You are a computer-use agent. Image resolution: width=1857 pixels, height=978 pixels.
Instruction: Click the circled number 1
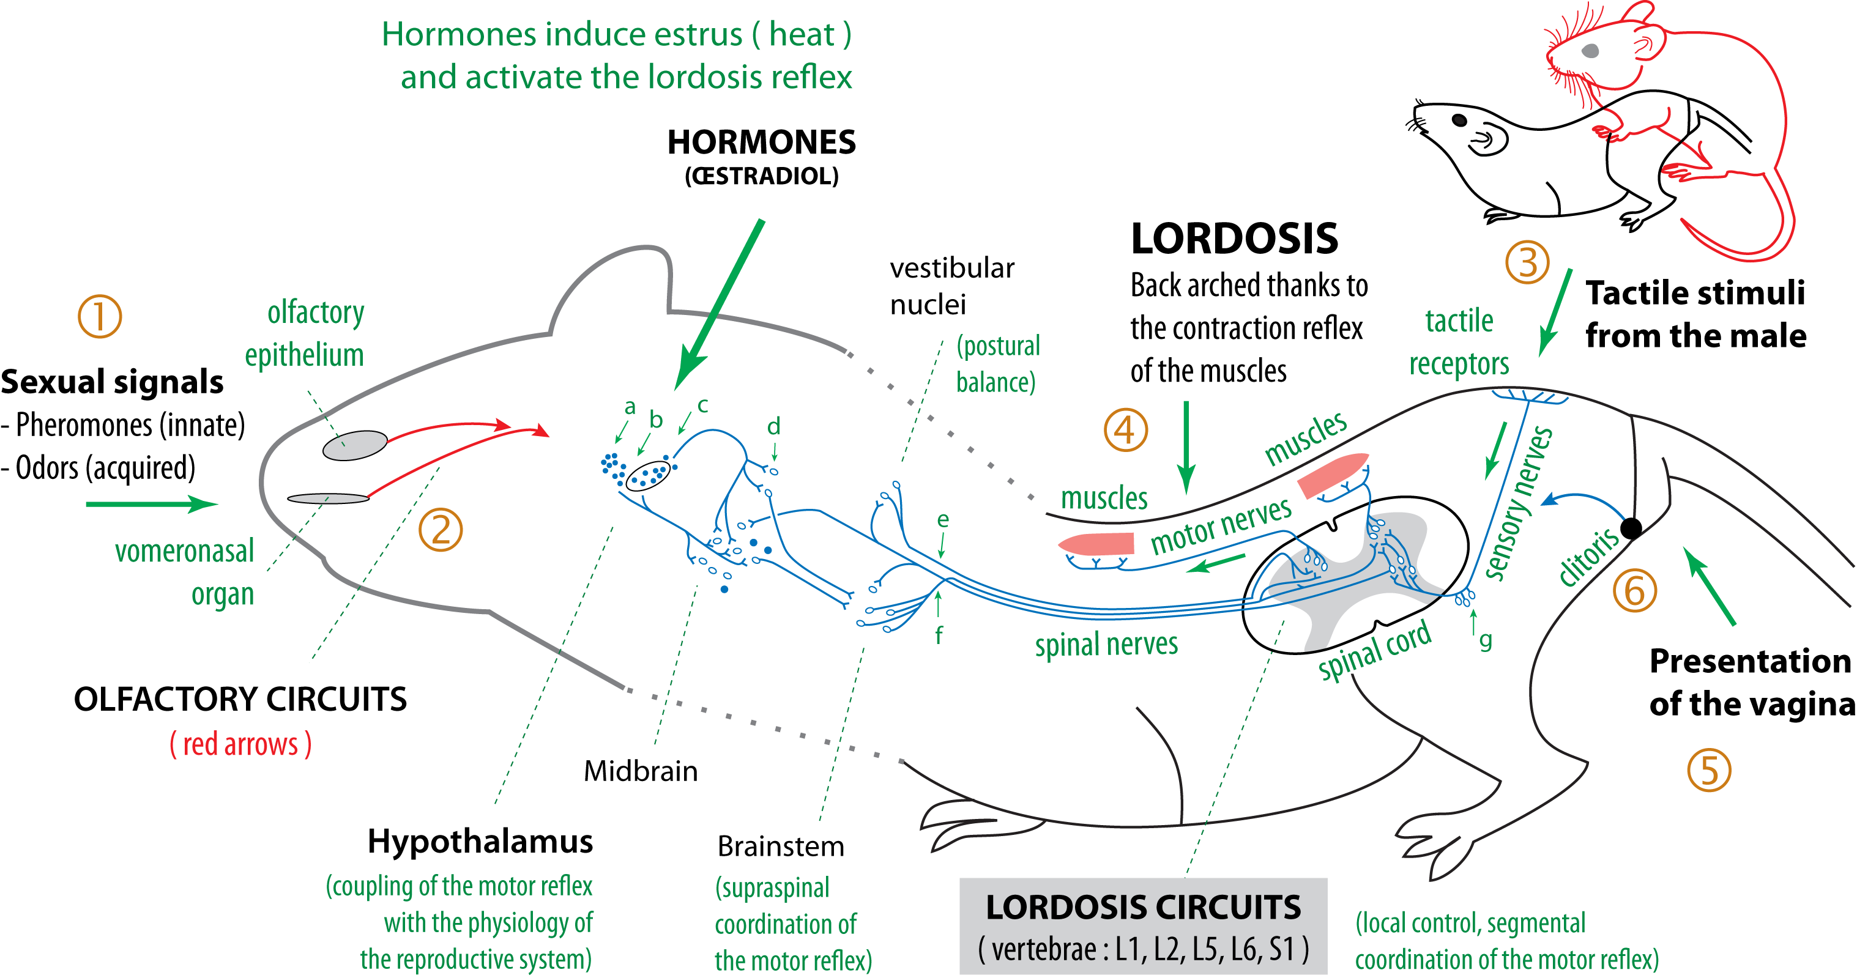coord(100,316)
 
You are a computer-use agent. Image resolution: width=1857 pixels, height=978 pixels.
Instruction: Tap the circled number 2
coord(441,530)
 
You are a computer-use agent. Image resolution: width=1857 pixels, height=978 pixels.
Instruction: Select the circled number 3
coord(1527,262)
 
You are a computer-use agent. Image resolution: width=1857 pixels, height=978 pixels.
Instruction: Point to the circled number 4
coord(1125,430)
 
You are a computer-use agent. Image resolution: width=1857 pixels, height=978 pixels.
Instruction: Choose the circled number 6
coord(1634,590)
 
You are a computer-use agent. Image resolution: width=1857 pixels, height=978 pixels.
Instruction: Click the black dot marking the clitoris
coord(1631,528)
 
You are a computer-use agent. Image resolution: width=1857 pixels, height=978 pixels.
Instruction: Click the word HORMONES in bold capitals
coord(761,143)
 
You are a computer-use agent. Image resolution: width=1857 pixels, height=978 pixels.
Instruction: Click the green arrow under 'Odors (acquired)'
coord(151,504)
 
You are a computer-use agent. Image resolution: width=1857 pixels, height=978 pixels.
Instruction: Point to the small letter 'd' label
coord(773,427)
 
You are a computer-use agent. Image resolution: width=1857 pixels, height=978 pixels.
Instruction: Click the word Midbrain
coord(640,771)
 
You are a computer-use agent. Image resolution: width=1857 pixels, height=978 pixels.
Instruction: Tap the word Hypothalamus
coord(480,841)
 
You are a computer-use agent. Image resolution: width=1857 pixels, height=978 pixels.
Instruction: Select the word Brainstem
coord(781,846)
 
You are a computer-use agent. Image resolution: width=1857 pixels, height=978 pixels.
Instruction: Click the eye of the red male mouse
coord(1590,50)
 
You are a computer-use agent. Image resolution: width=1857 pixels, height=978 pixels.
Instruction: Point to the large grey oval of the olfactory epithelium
coord(355,445)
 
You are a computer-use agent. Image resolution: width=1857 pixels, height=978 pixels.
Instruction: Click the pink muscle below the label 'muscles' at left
coord(1096,543)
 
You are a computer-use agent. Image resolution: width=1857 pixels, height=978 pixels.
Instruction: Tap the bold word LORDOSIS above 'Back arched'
coord(1234,239)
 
